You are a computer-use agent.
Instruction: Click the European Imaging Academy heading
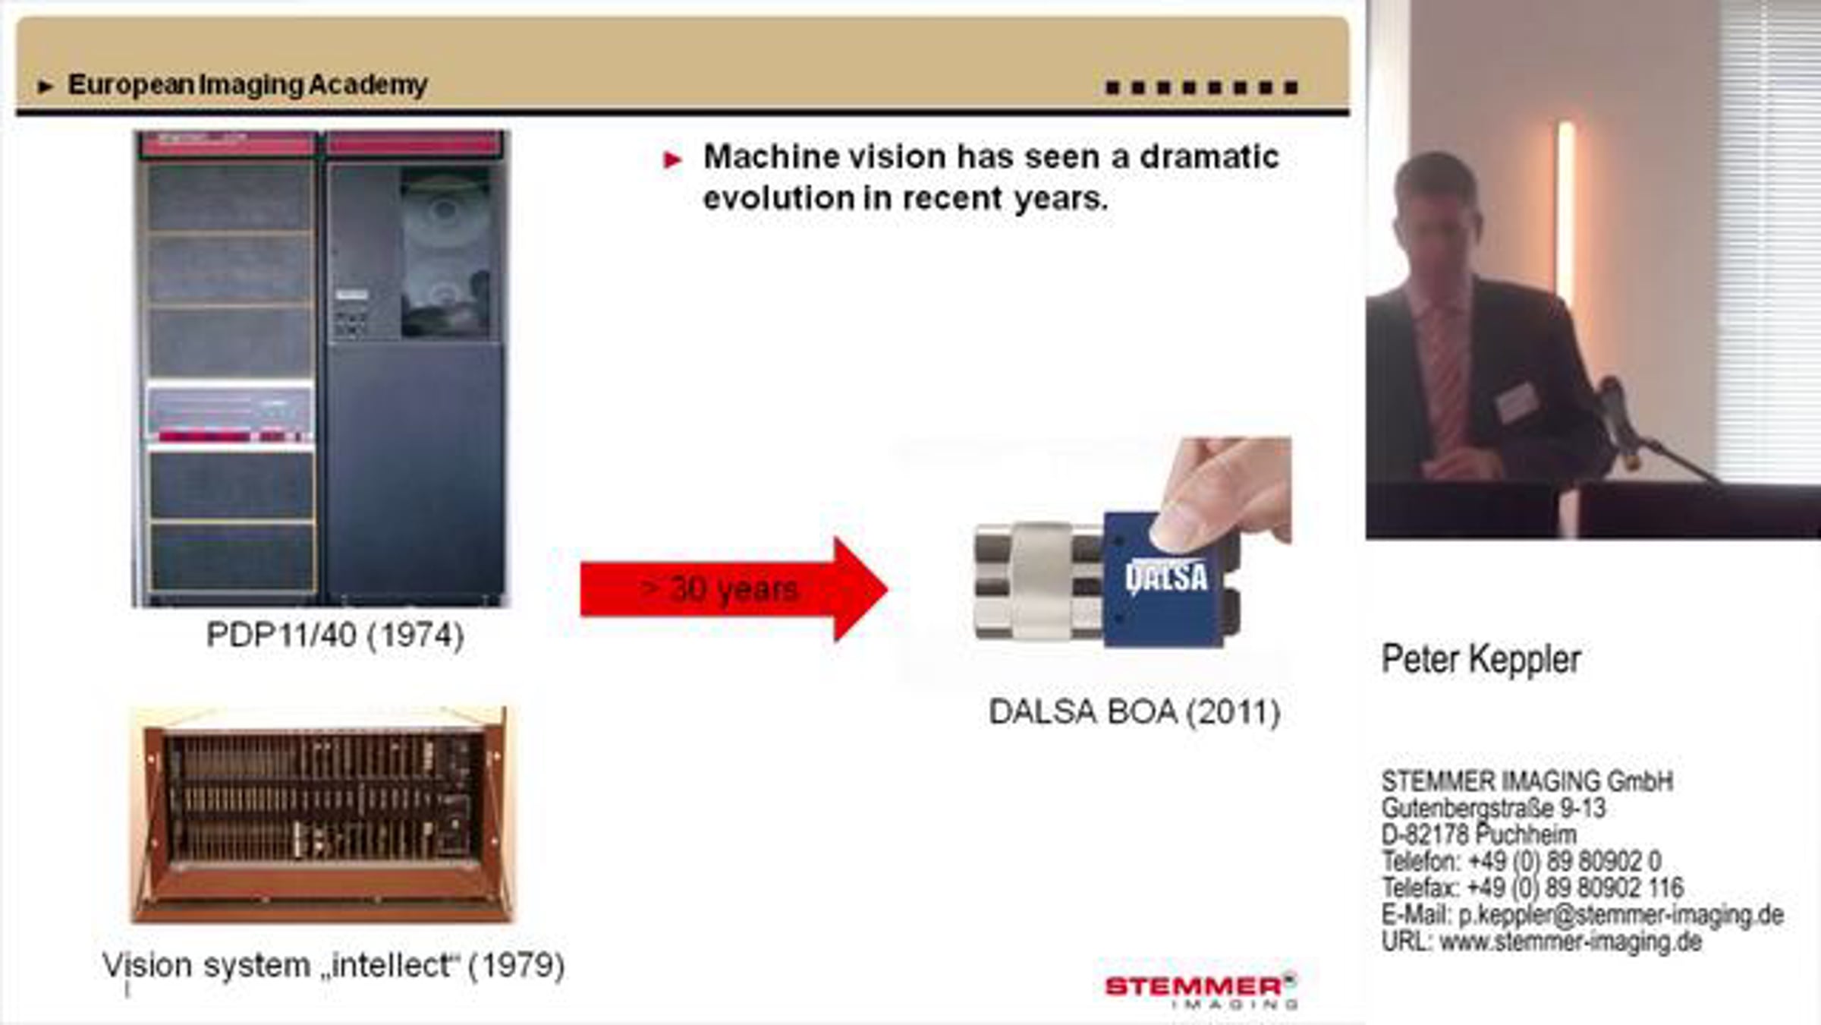[x=247, y=85]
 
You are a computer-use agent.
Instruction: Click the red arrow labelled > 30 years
[x=734, y=589]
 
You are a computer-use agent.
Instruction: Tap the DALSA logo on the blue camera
[x=1167, y=577]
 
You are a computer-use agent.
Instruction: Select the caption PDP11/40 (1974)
[x=335, y=635]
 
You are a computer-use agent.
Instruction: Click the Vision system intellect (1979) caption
[x=334, y=966]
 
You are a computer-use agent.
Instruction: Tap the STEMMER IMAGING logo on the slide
[x=1201, y=991]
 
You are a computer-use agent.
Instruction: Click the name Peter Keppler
[x=1481, y=659]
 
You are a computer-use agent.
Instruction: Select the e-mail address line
[x=1583, y=914]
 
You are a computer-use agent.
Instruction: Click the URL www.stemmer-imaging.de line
[x=1542, y=941]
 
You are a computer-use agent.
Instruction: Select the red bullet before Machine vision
[x=672, y=159]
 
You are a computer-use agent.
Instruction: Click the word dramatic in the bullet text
[x=1209, y=156]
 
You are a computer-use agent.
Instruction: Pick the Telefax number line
[x=1533, y=887]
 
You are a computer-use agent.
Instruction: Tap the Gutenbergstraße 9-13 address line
[x=1493, y=808]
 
